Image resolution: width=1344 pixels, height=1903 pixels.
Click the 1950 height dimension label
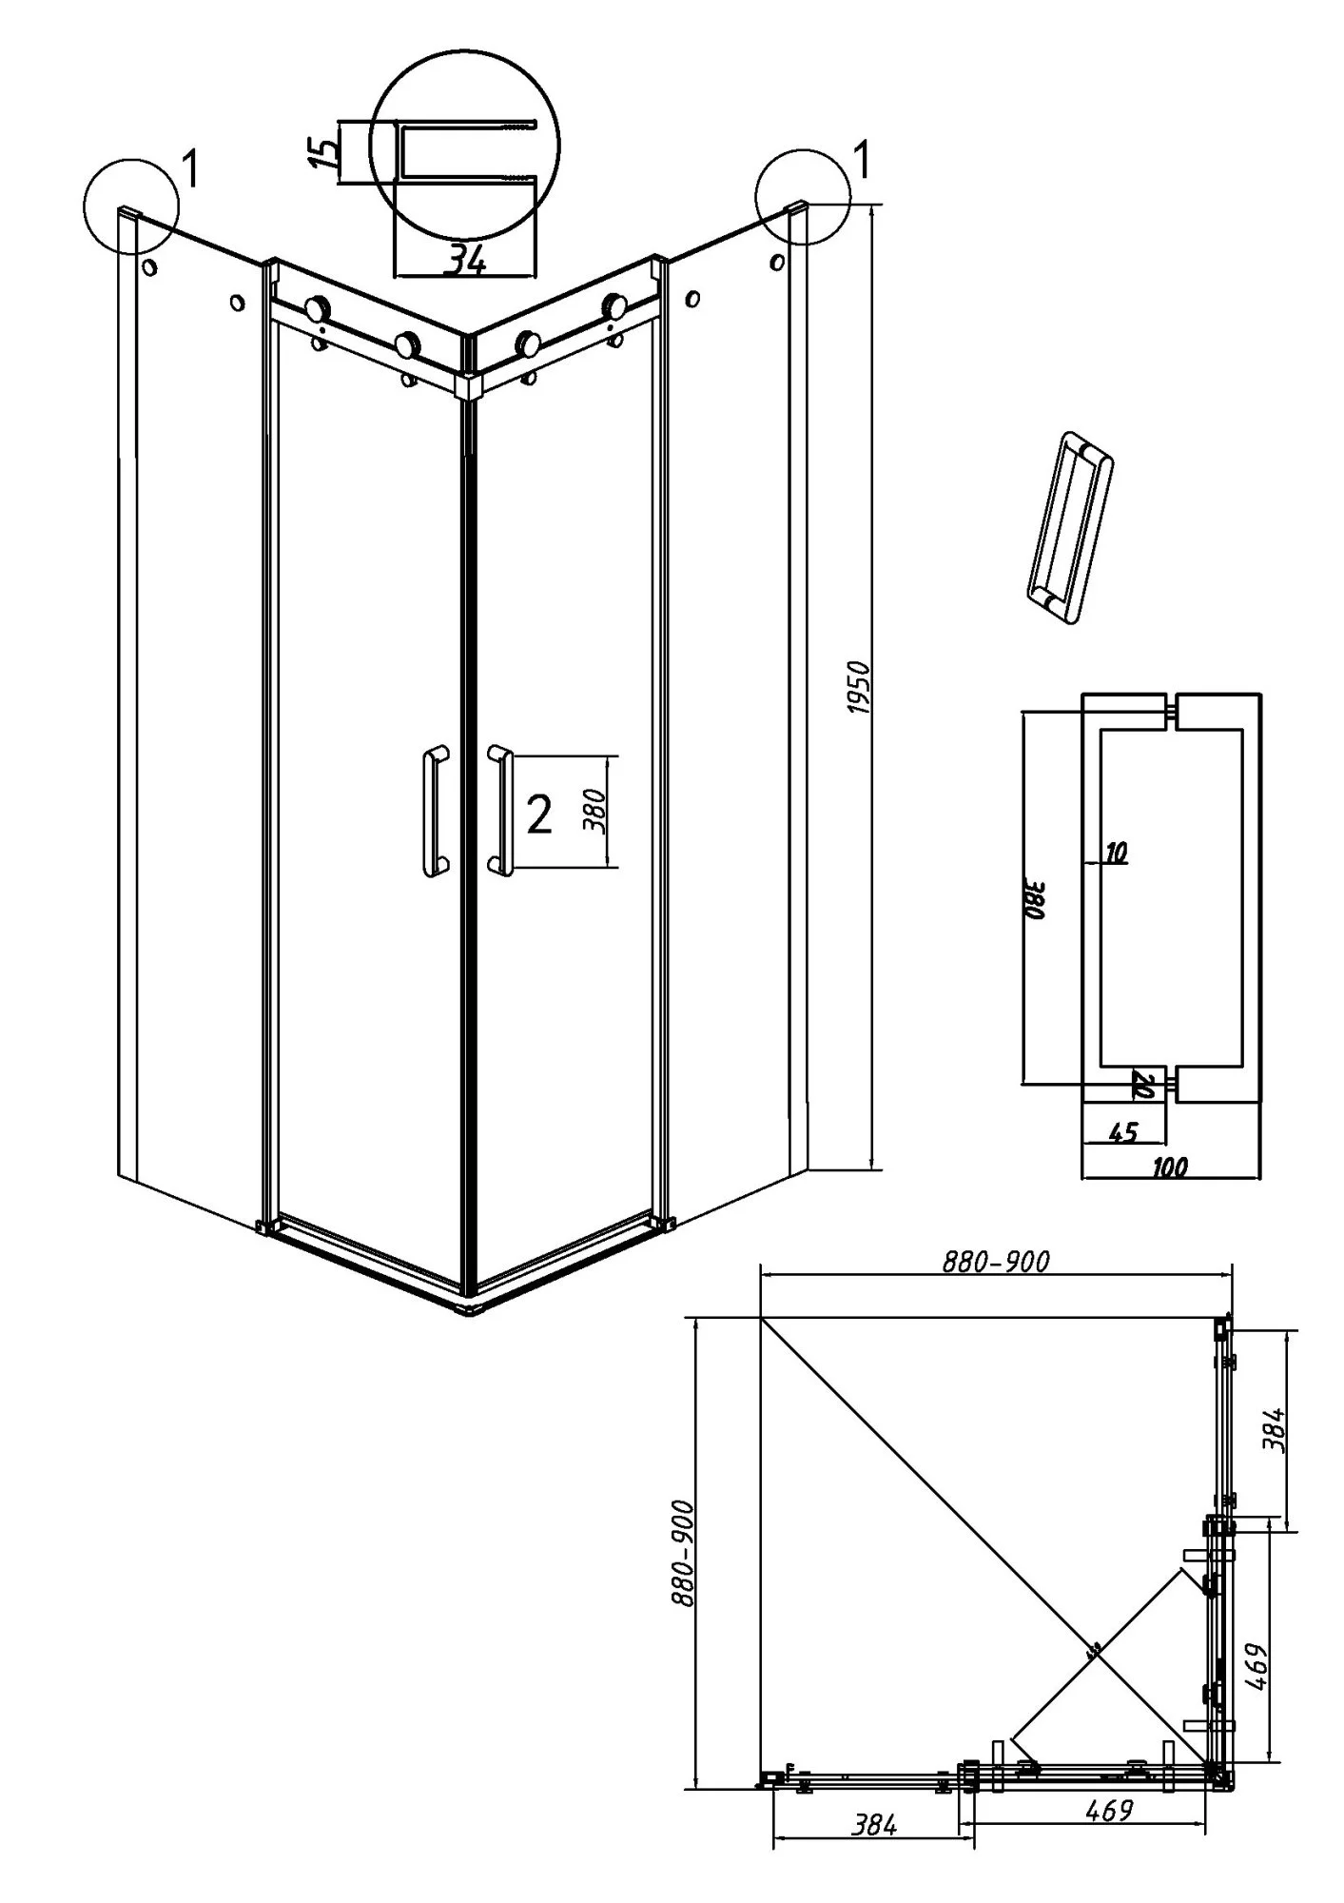tap(858, 689)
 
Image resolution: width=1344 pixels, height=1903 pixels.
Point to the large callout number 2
tap(538, 814)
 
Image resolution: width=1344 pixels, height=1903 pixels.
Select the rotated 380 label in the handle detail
tap(1036, 897)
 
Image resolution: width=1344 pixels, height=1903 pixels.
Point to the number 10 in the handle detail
tap(1117, 853)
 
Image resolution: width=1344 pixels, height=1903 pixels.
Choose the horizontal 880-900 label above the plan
tap(996, 1262)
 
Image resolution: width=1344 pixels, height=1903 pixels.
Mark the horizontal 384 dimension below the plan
tap(873, 1852)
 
